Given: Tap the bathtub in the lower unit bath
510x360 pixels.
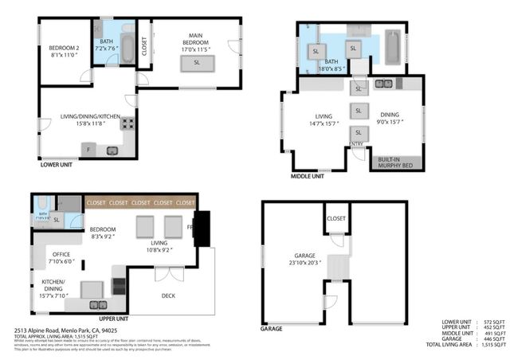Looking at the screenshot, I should (x=106, y=29).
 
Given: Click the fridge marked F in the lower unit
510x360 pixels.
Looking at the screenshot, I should (x=88, y=150).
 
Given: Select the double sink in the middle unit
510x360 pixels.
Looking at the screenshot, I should (x=383, y=84).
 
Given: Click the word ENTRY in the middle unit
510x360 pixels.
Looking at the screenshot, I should (x=357, y=144).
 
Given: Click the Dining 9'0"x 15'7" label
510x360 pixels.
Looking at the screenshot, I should (x=390, y=118).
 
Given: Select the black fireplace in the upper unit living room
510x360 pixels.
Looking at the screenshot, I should (x=202, y=229).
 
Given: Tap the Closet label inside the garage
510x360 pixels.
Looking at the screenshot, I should (x=335, y=218).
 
